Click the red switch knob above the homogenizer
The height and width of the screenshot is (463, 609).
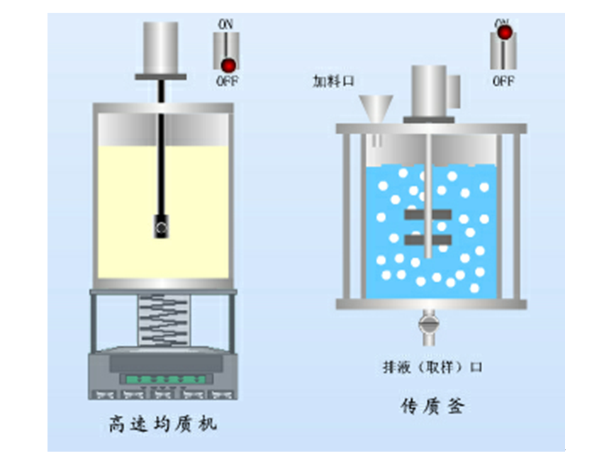tap(228, 63)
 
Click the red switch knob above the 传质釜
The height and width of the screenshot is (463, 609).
tap(504, 33)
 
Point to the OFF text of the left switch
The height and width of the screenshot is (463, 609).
tap(227, 81)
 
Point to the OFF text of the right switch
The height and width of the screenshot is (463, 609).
tap(503, 81)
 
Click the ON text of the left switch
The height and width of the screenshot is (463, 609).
tap(225, 24)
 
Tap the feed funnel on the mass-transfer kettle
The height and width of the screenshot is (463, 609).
tap(375, 108)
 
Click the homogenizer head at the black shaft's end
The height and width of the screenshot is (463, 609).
tap(161, 226)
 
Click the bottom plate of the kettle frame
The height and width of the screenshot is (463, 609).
tap(431, 303)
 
